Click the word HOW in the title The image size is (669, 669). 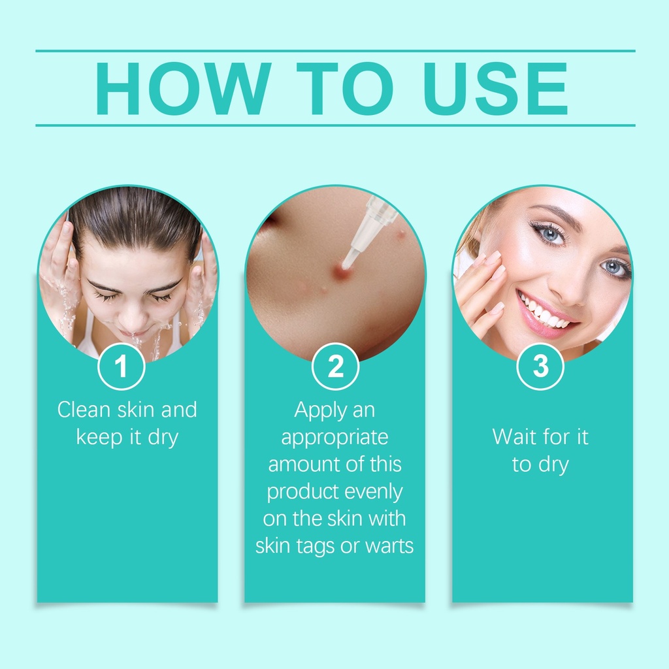coord(183,88)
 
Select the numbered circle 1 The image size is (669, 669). coord(121,367)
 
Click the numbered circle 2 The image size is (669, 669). coord(335,367)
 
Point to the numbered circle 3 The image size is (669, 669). coord(540,367)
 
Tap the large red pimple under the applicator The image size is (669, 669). coord(341,271)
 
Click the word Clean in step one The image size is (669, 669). coord(84,410)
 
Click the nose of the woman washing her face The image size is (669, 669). coord(133,316)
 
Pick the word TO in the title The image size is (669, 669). coord(345,88)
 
